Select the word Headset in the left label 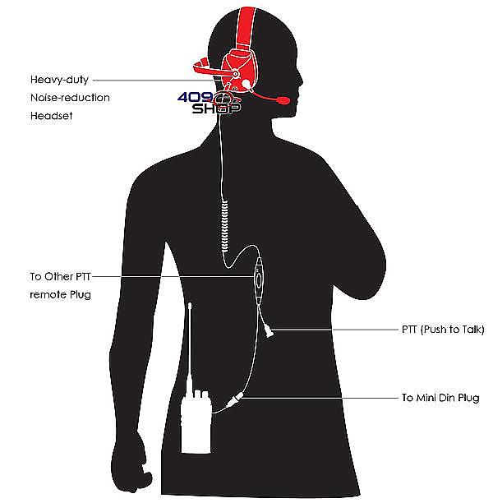[52, 116]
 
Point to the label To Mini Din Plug [440, 398]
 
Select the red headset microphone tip [283, 100]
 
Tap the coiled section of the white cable [223, 222]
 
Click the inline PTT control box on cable [260, 279]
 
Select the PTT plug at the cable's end [269, 330]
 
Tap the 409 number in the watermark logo [194, 96]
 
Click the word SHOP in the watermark [210, 108]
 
